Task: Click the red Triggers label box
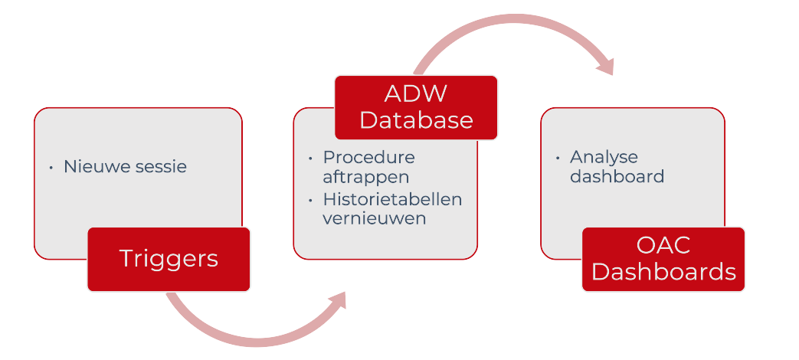pos(169,259)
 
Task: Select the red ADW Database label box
pos(416,107)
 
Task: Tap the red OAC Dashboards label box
pos(663,259)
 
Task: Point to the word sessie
pos(160,166)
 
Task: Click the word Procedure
pos(368,157)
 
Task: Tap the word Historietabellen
pos(392,199)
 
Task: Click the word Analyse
pos(604,157)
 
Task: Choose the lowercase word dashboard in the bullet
pos(617,176)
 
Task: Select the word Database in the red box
pos(416,120)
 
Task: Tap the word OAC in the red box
pos(663,246)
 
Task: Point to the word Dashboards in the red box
pos(663,272)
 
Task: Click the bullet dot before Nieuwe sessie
pos(51,167)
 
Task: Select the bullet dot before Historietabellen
pos(310,200)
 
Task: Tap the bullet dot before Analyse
pos(558,158)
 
